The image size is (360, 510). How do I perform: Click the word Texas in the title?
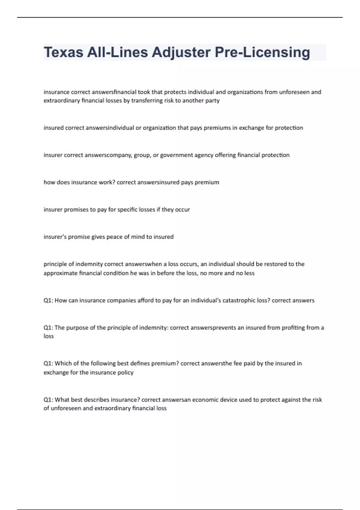64,52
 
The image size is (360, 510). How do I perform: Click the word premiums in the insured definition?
217,128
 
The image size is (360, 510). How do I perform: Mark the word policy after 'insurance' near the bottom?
125,372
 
